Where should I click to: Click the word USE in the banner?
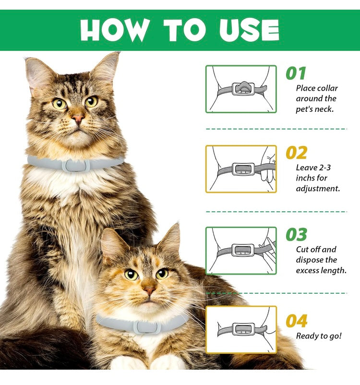(249, 30)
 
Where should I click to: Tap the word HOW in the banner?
(115, 30)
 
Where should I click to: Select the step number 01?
(296, 73)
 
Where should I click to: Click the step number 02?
(296, 153)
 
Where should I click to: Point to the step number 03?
(296, 234)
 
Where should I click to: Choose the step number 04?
(296, 321)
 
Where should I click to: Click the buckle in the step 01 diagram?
(243, 89)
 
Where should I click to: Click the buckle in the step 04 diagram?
(243, 329)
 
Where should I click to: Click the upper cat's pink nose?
(78, 119)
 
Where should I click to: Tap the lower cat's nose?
(149, 291)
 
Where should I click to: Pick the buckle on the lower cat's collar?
(147, 327)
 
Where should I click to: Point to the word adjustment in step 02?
(318, 189)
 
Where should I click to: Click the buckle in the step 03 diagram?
(243, 250)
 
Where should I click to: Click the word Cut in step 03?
(301, 250)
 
